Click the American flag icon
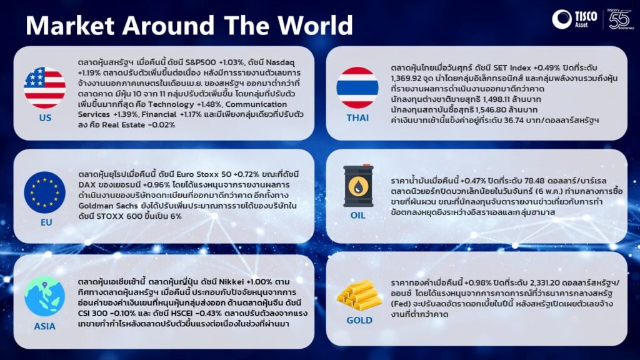(x=44, y=87)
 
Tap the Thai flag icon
(x=357, y=87)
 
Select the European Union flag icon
(x=44, y=192)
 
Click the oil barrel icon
(x=358, y=186)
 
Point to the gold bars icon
(x=358, y=295)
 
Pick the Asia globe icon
(x=44, y=296)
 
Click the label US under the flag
(x=45, y=118)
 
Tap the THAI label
(x=357, y=118)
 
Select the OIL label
(x=358, y=216)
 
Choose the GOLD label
(x=359, y=321)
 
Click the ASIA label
(x=44, y=326)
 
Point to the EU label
(x=46, y=222)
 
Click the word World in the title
(x=316, y=25)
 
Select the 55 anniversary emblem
(x=619, y=19)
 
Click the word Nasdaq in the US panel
(x=280, y=62)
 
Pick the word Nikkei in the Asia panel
(x=231, y=282)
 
